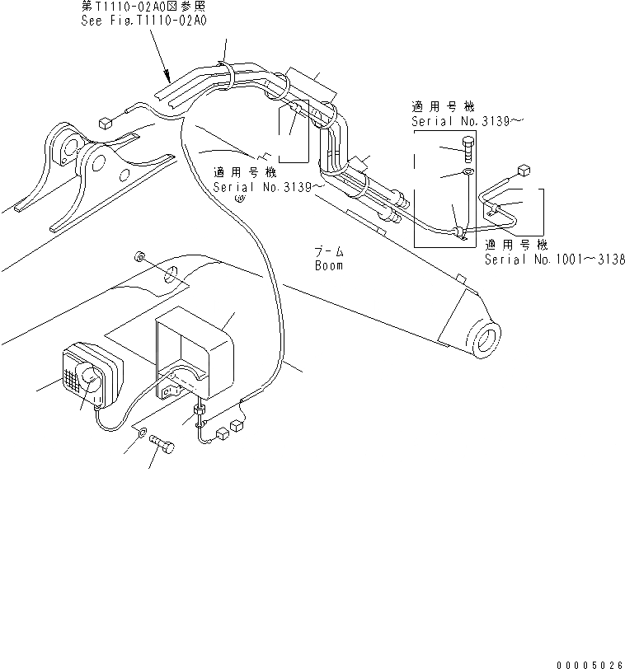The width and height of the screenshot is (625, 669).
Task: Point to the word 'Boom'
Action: [x=328, y=265]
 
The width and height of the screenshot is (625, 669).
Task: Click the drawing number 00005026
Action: [x=589, y=660]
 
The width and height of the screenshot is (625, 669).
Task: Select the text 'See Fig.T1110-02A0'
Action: [x=143, y=21]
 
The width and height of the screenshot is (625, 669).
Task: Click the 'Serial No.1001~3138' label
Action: [x=554, y=259]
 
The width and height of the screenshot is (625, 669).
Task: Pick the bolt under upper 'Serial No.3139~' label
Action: [x=468, y=154]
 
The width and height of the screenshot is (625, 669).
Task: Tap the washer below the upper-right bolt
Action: [x=468, y=173]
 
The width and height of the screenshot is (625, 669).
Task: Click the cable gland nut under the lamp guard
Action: [x=200, y=409]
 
